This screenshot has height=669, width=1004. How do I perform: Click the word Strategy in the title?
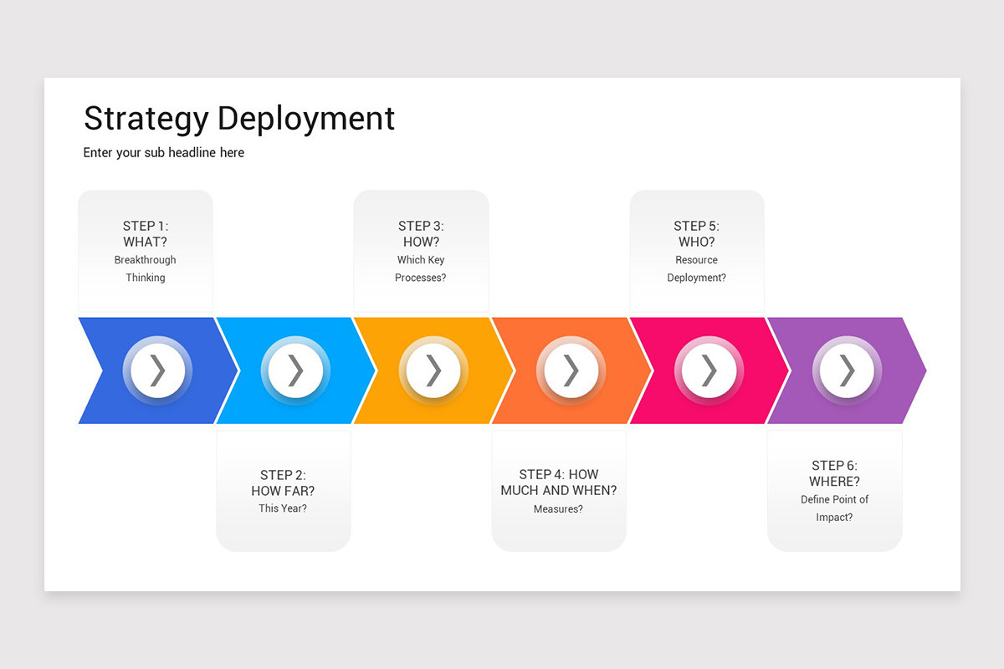click(146, 119)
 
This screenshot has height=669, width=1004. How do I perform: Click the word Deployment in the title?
click(305, 119)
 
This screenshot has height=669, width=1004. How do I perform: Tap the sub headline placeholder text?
click(164, 153)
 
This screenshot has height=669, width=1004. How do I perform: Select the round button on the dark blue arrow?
click(157, 370)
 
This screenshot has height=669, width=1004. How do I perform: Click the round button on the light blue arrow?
click(295, 370)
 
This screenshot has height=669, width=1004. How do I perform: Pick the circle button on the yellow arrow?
click(433, 370)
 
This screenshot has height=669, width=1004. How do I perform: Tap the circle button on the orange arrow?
click(571, 370)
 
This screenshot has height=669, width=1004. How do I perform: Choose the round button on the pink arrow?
click(709, 370)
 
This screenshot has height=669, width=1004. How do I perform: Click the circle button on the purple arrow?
click(847, 370)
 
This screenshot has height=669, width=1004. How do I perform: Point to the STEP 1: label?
click(146, 226)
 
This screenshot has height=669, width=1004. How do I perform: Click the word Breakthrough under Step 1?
click(146, 260)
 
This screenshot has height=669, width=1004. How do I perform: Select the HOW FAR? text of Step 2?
click(283, 491)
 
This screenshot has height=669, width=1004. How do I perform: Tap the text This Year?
click(283, 508)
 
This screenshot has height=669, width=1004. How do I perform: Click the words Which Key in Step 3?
click(421, 260)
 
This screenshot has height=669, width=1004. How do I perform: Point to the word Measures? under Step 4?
click(558, 508)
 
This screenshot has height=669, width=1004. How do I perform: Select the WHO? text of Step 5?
click(696, 242)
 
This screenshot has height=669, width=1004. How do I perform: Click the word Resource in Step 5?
click(696, 260)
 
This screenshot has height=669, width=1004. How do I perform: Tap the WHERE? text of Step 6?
click(834, 482)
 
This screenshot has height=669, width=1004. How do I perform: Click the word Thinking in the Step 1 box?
click(146, 278)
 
